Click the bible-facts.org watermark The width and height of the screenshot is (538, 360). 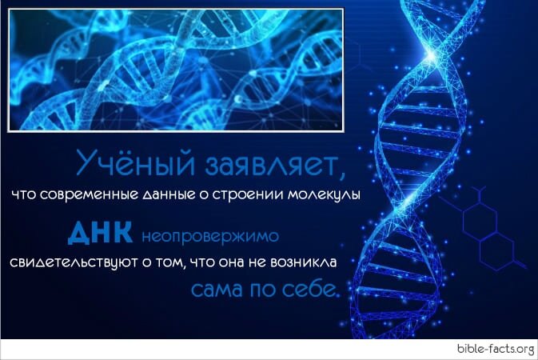tap(495, 349)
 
